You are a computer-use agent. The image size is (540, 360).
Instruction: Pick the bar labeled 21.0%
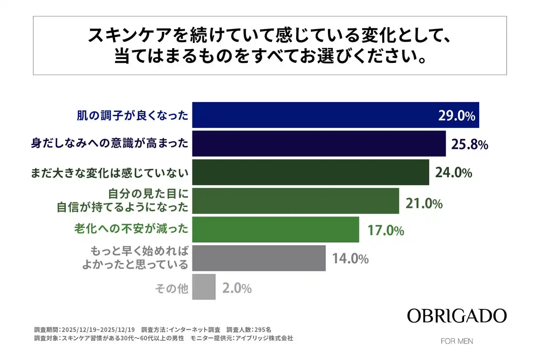point(295,201)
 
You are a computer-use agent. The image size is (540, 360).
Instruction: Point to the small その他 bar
point(204,287)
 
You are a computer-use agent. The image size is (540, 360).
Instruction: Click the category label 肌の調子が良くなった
point(132,115)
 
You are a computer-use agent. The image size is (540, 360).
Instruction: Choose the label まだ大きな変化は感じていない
point(109,173)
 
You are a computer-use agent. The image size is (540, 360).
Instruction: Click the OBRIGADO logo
point(457,316)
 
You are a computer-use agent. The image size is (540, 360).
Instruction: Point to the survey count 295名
point(266,330)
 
